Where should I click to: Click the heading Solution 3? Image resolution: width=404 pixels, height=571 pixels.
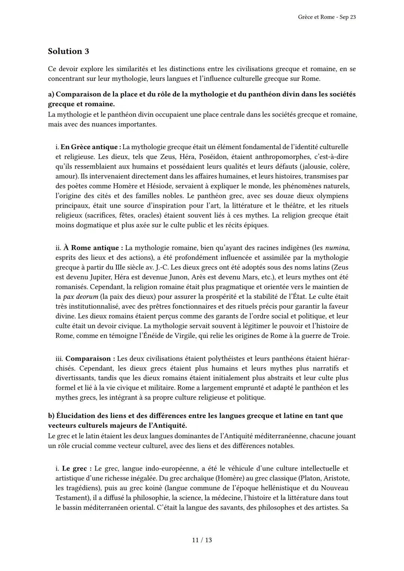coord(68,51)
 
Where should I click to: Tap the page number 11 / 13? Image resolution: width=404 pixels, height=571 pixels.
coord(202,540)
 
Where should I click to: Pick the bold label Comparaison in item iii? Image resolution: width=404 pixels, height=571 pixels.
coord(88,359)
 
